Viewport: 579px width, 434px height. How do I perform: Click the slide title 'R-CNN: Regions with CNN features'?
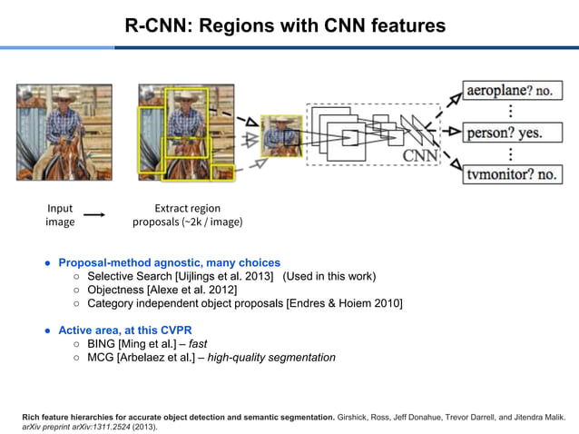pos(285,25)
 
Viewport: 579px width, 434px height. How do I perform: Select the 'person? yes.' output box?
pos(504,133)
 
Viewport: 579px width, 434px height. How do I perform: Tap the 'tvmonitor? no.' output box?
pos(511,173)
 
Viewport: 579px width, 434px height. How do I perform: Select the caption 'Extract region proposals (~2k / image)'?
pos(188,215)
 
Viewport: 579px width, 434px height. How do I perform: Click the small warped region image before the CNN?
pos(280,135)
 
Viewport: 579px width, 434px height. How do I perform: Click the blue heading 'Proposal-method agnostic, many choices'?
pos(169,262)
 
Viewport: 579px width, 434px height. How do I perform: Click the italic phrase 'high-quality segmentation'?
pos(271,357)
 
